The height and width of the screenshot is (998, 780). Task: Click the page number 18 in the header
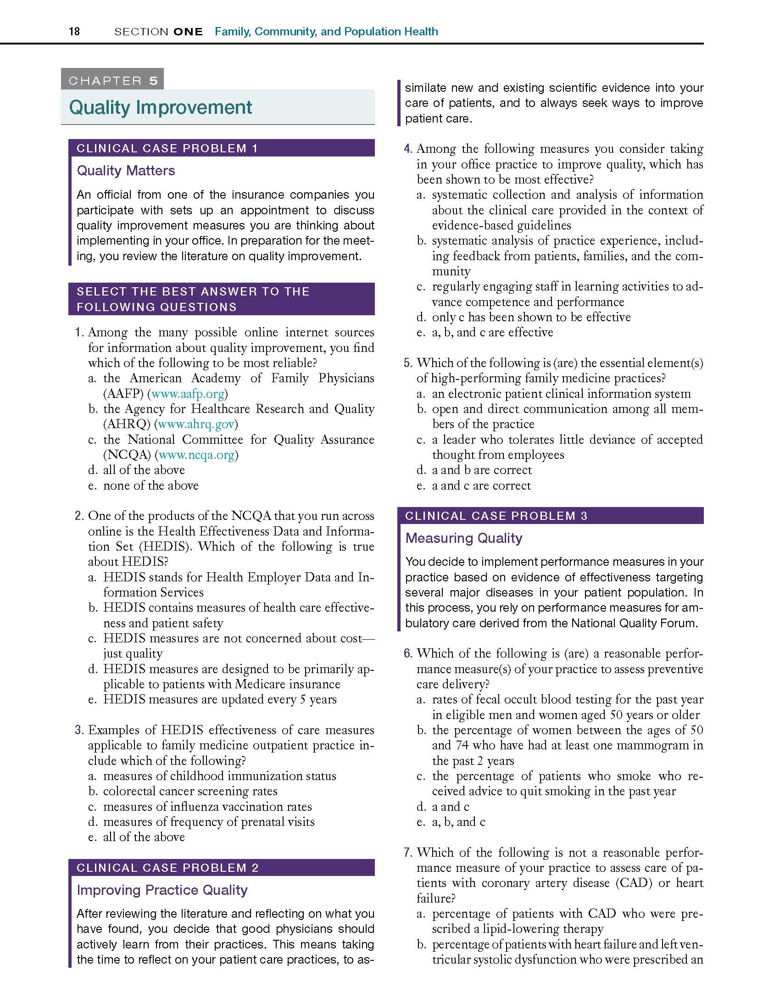tap(74, 31)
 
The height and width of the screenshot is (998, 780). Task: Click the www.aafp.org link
tap(188, 394)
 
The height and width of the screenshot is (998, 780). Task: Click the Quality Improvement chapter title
tap(160, 107)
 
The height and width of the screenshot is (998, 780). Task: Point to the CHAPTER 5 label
tap(113, 81)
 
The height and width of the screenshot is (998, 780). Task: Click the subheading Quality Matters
tap(126, 171)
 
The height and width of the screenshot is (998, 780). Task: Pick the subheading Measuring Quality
tap(463, 538)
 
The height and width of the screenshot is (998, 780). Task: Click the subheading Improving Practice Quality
tap(162, 890)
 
